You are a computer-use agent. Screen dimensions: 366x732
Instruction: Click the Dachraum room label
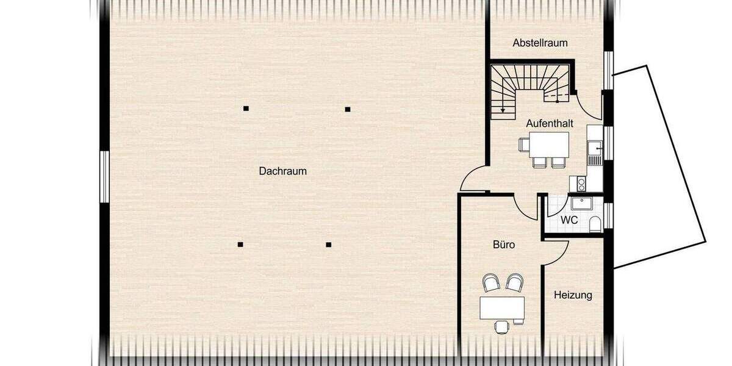[282, 171]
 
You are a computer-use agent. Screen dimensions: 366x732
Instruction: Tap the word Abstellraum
[540, 43]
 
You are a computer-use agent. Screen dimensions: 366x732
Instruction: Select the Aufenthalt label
[550, 123]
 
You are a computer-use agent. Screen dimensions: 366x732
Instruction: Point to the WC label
[569, 220]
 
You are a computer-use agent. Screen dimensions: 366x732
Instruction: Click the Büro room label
[504, 245]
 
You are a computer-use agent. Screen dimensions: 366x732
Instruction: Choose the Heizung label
[573, 295]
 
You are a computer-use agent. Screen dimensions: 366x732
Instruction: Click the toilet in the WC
[595, 224]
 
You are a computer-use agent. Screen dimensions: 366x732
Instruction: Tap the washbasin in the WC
[581, 203]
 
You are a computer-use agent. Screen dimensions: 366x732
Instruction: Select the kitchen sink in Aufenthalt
[594, 148]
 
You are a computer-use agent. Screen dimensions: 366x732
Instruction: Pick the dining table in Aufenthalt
[549, 145]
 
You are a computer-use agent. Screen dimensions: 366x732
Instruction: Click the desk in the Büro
[502, 307]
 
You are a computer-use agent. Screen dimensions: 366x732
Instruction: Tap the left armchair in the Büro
[491, 282]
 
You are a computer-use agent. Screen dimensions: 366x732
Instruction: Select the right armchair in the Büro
[515, 282]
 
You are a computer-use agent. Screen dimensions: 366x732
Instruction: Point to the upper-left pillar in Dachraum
[246, 109]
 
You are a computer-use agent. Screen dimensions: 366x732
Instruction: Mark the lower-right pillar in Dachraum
[328, 245]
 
